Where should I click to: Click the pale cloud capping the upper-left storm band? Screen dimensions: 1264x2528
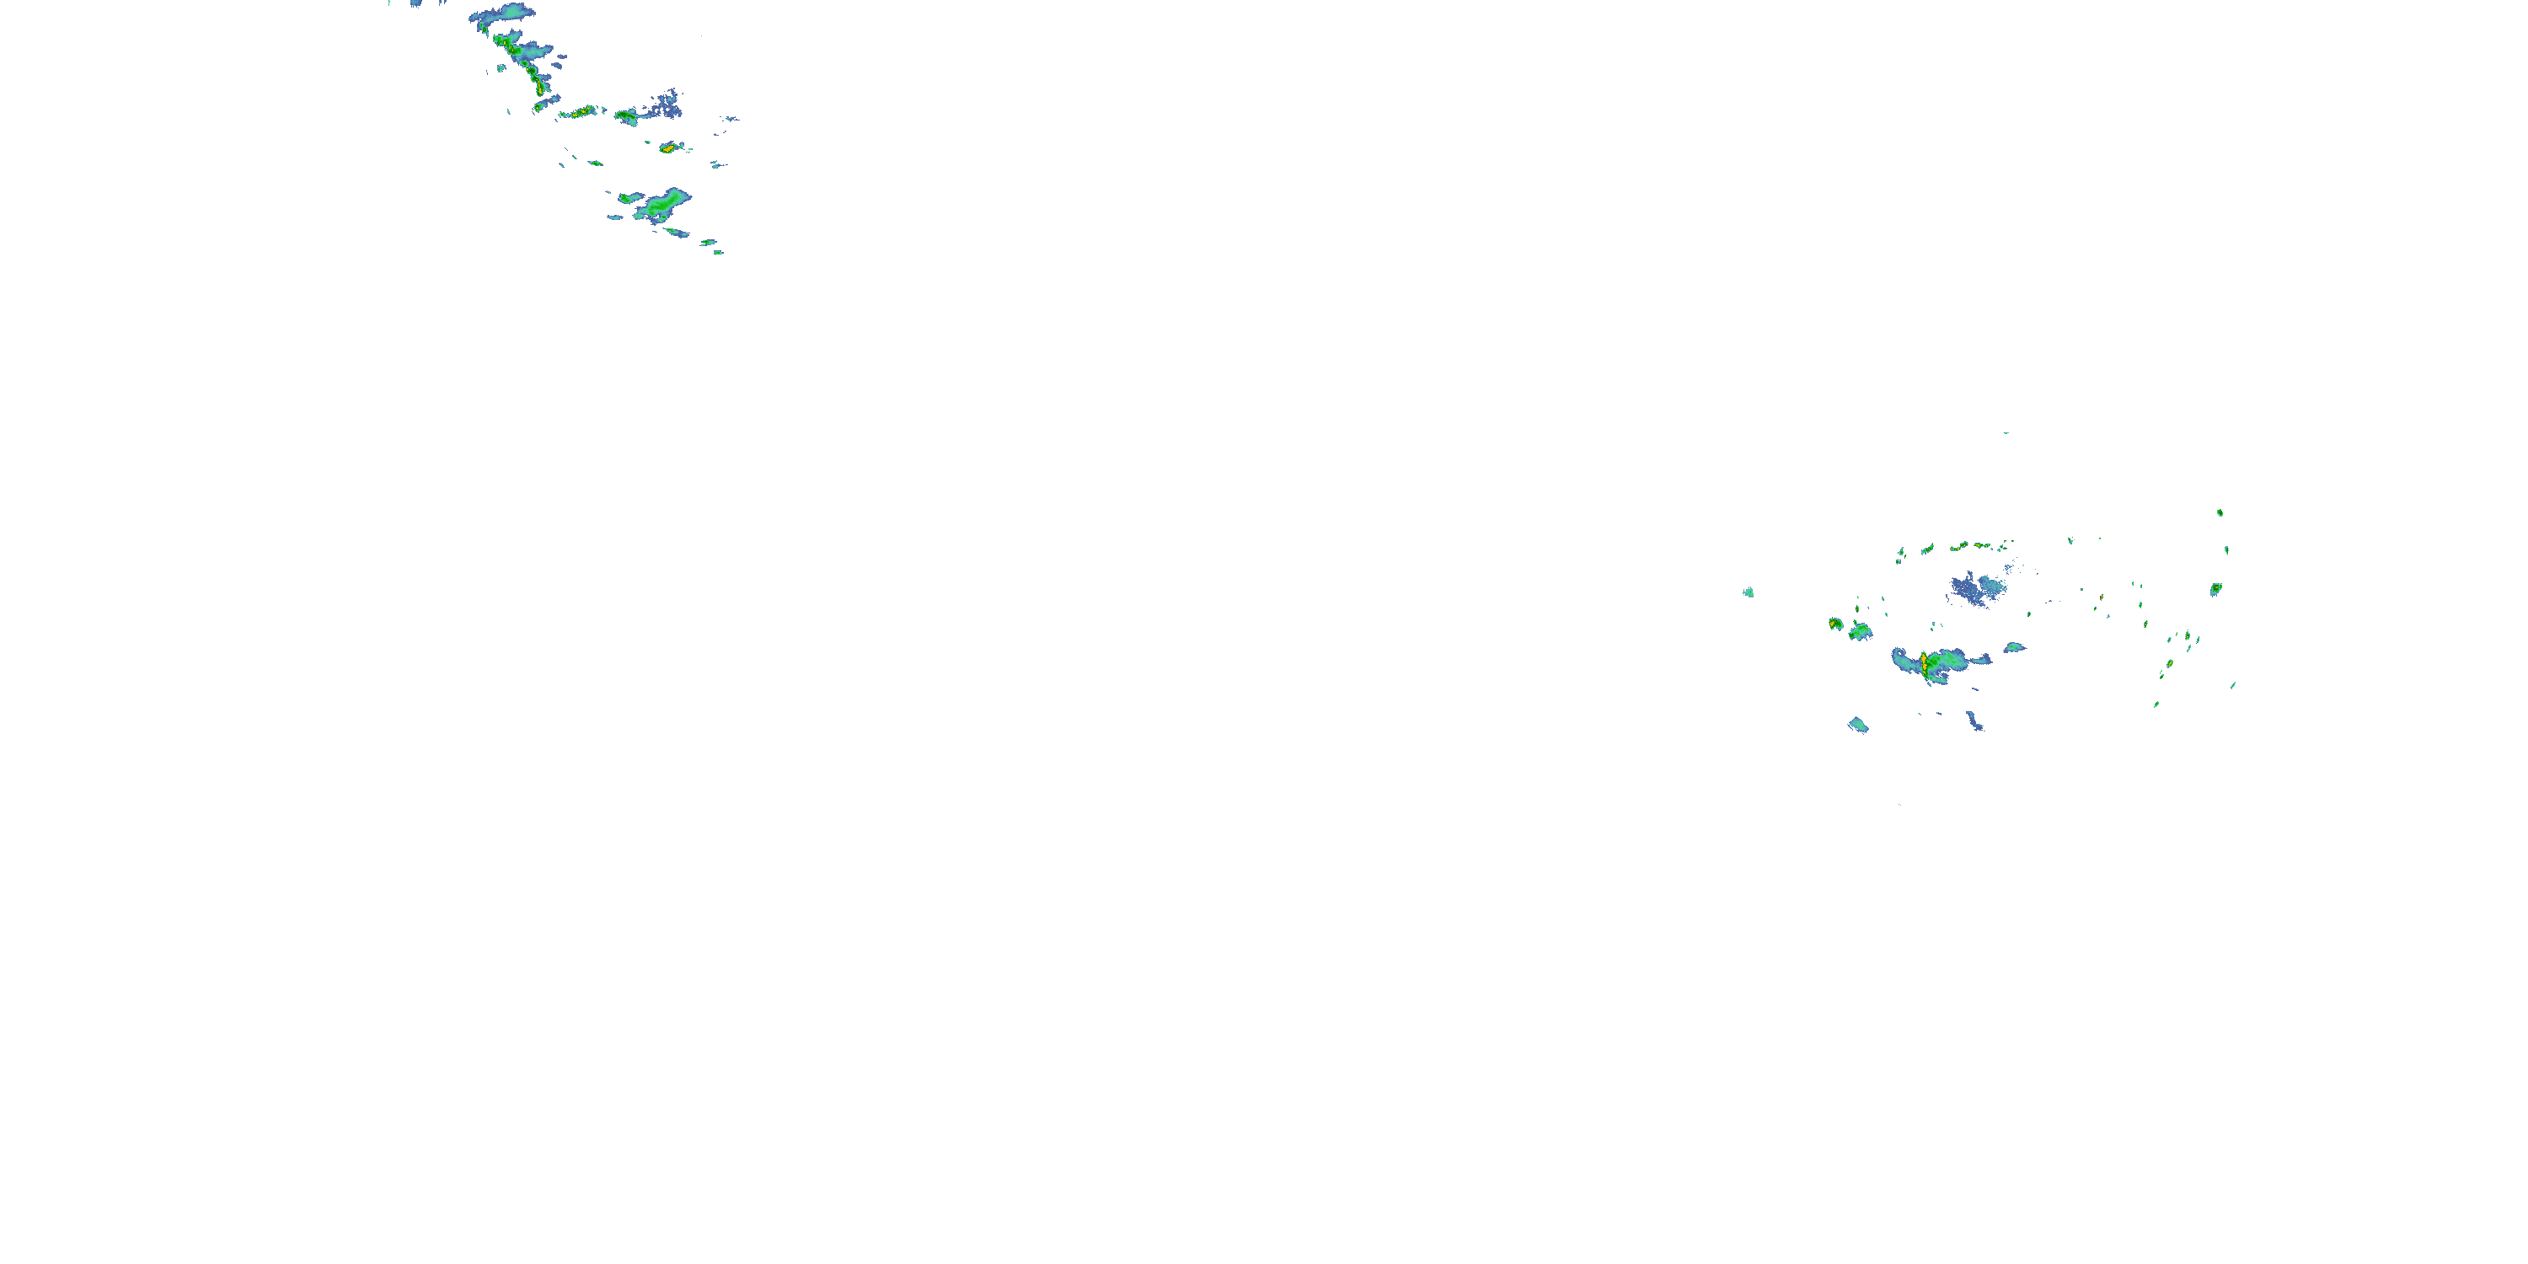pos(503,13)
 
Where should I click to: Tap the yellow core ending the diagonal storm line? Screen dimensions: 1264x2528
pos(541,89)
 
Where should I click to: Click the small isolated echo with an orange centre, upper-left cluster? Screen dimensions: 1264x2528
pos(669,148)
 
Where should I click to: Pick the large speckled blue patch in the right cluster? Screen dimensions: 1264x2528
pos(1975,589)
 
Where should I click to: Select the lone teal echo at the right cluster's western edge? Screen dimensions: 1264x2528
pos(1748,592)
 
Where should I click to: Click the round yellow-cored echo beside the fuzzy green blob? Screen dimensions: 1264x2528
pos(1835,624)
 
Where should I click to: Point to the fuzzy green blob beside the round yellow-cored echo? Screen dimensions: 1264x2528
pos(1860,632)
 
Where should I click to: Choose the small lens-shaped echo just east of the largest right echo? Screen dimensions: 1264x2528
pos(2014,648)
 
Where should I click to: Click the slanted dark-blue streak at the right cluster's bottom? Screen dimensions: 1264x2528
pos(1975,721)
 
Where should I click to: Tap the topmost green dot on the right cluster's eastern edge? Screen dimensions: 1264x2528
pos(2220,512)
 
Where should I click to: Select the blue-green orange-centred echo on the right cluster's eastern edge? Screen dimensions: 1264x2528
pos(2216,589)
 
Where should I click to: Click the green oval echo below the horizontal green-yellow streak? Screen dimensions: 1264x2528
pos(595,163)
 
